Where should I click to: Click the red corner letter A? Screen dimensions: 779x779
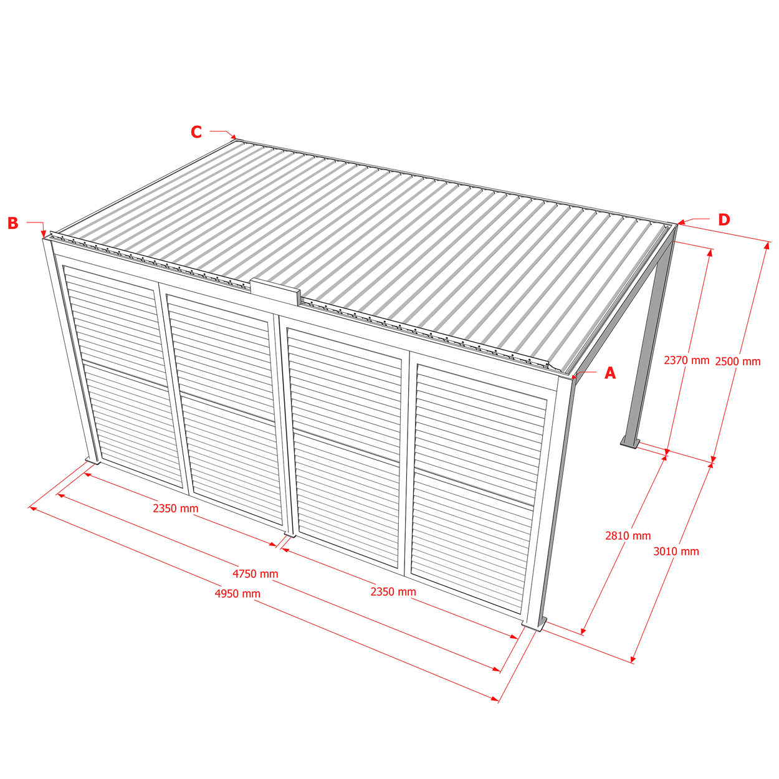pos(609,373)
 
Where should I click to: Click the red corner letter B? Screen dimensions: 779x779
pos(13,223)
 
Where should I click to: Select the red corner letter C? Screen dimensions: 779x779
pos(196,132)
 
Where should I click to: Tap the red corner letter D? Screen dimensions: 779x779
pos(724,219)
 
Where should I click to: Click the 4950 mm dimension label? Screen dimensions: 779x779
pos(237,594)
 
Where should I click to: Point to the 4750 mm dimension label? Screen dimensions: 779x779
pos(255,573)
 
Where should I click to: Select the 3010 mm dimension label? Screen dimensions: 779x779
pos(676,552)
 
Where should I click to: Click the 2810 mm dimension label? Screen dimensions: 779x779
pos(628,535)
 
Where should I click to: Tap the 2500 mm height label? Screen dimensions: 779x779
pos(738,361)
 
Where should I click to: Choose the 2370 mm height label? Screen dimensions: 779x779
pos(687,360)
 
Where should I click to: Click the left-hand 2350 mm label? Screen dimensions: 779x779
pos(176,509)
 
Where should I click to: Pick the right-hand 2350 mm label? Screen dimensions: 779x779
pos(393,592)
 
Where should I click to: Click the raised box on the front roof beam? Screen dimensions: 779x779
pos(275,290)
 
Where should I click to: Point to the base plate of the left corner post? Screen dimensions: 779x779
pos(93,460)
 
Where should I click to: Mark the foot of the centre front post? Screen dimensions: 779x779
pos(290,535)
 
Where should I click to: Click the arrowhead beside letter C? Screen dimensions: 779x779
pos(233,136)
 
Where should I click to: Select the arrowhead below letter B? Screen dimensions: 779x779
pos(44,234)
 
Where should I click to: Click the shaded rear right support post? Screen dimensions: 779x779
pos(646,343)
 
